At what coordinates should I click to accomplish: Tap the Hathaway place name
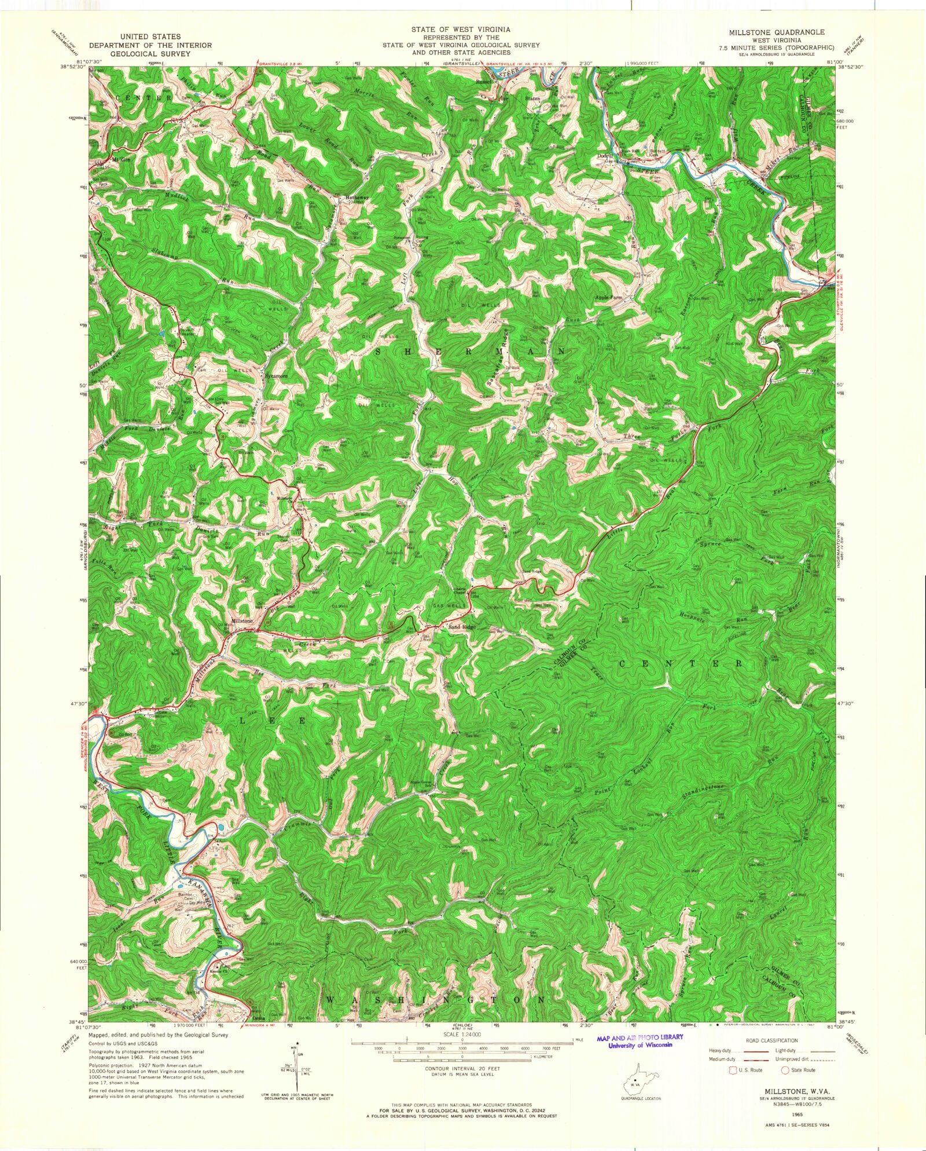[357, 198]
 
